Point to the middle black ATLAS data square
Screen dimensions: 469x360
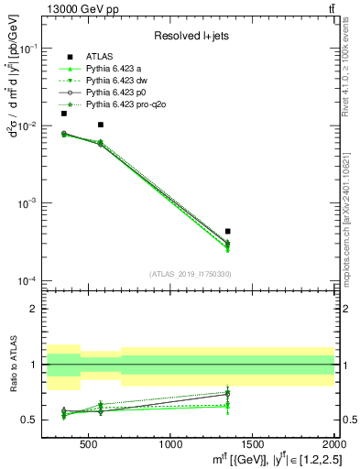101,125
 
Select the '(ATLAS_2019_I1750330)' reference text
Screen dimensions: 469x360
190,274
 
